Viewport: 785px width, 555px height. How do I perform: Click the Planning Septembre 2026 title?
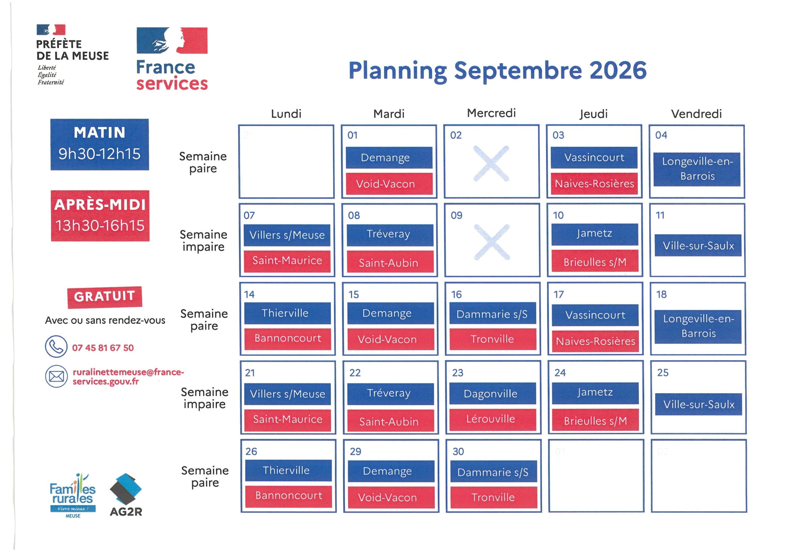497,71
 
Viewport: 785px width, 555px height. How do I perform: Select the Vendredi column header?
697,114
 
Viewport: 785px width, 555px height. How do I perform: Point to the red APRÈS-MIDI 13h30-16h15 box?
100,216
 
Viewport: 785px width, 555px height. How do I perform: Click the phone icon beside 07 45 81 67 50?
56,346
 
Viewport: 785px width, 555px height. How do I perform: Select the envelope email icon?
57,377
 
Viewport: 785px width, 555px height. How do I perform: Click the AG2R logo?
126,495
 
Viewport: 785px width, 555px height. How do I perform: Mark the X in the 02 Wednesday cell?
491,164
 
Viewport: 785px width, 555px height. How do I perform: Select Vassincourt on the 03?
594,158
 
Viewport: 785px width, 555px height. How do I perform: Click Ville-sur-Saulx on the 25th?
698,404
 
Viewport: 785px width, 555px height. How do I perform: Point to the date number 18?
661,294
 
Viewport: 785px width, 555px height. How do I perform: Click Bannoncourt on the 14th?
288,339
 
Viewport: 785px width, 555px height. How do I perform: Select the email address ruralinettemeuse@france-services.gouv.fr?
128,377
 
